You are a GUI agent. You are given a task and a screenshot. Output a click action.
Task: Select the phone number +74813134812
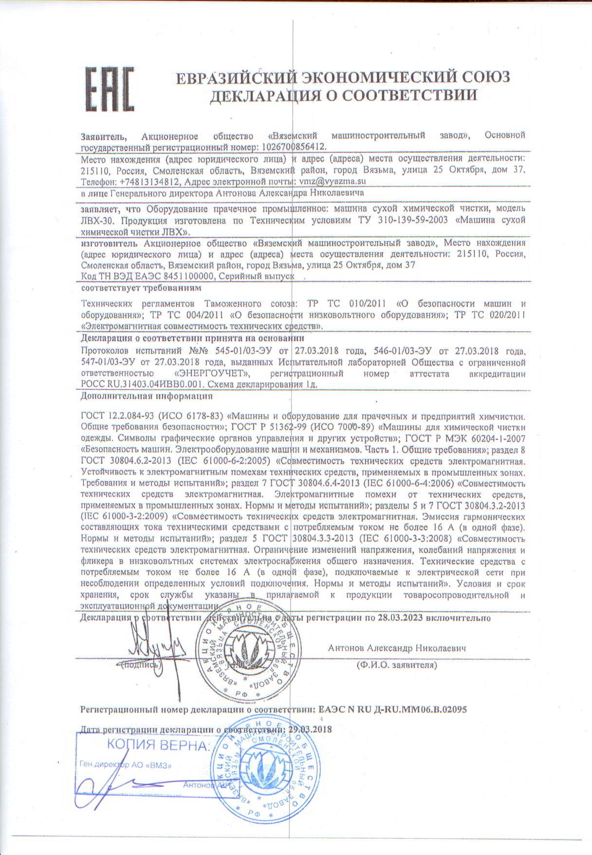[x=147, y=181]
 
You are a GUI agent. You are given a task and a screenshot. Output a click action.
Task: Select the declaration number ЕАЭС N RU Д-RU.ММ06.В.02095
[x=392, y=709]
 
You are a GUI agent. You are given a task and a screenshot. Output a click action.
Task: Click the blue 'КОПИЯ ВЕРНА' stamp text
[x=159, y=745]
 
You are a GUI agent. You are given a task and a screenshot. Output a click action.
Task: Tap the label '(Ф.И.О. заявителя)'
[x=396, y=664]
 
